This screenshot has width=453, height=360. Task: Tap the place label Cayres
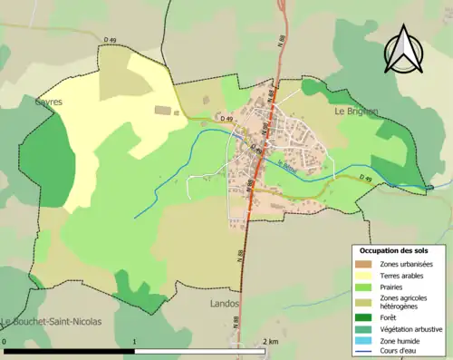pyautogui.click(x=49, y=102)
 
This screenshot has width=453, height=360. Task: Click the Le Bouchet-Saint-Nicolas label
pyautogui.click(x=52, y=322)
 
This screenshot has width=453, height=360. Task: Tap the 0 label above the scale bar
pyautogui.click(x=5, y=342)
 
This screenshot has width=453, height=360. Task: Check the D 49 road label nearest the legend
pyautogui.click(x=365, y=180)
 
